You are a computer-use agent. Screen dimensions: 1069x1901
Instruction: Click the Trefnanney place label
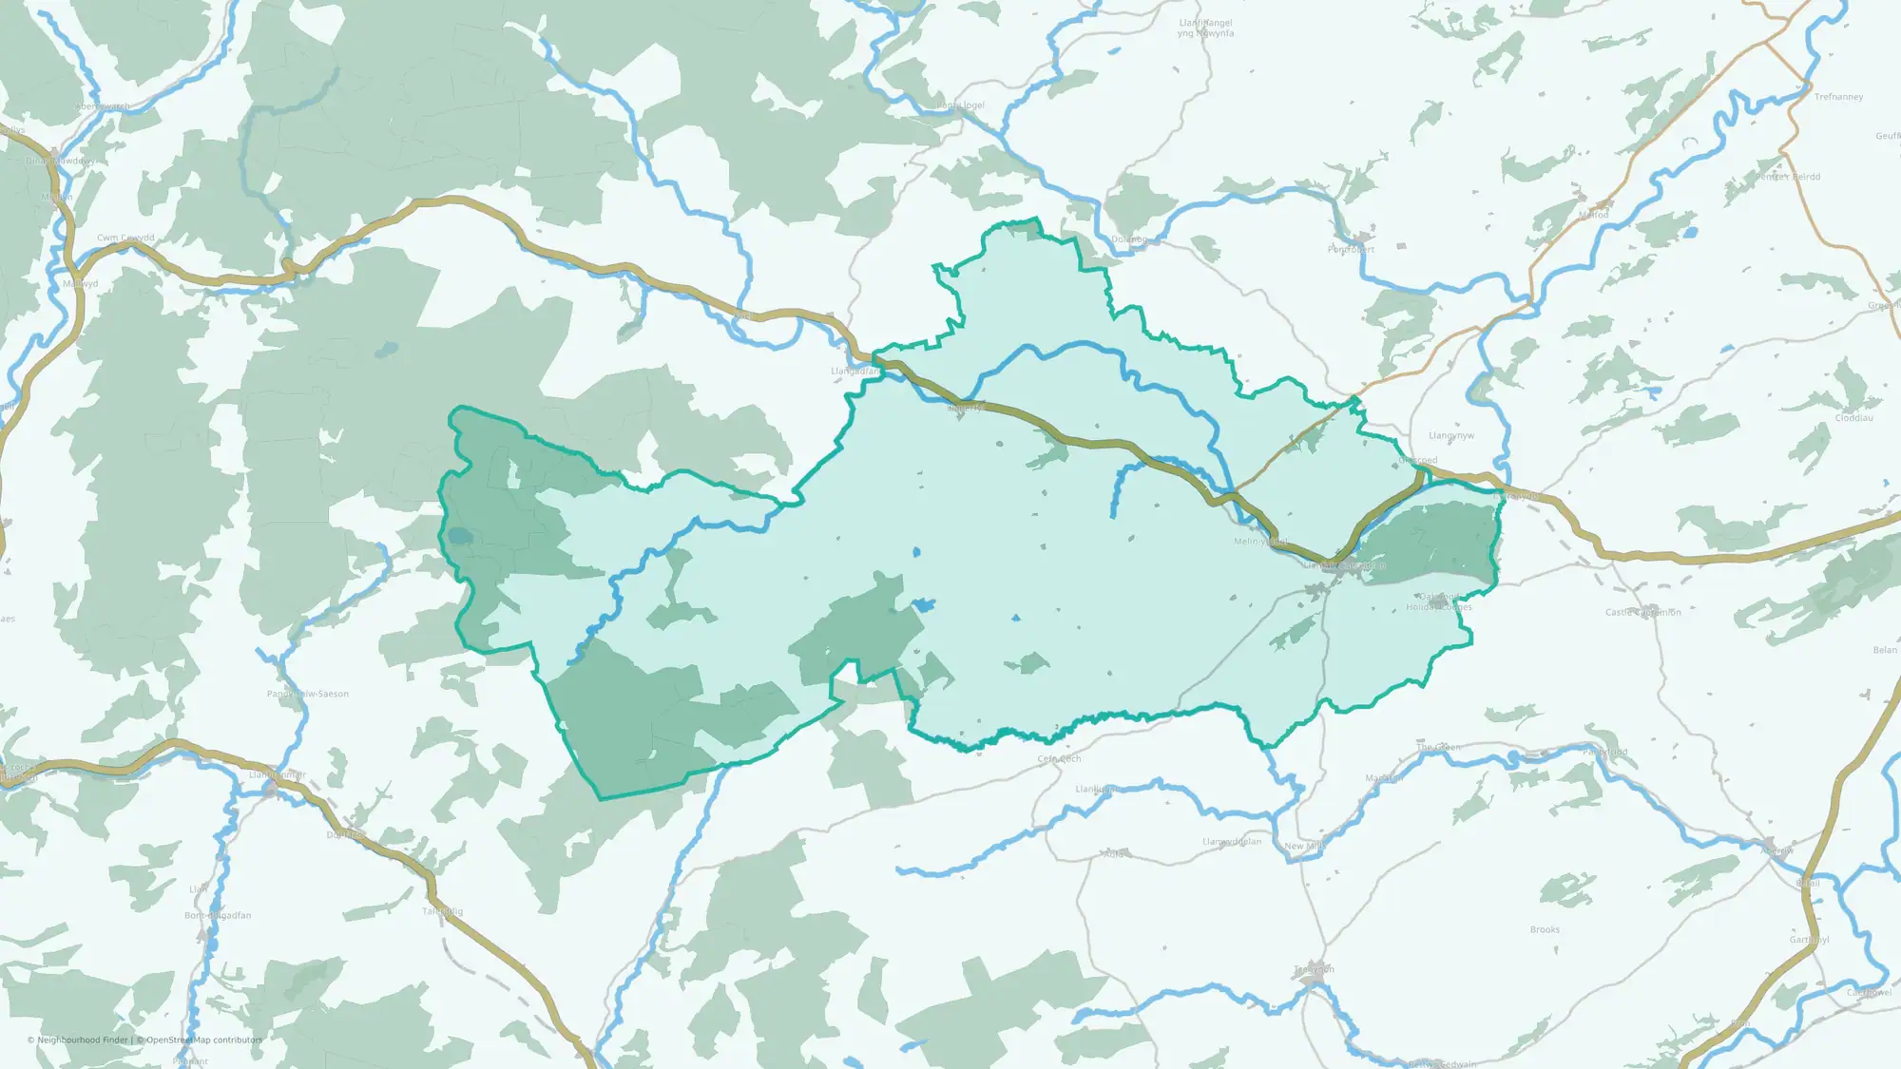pos(1838,97)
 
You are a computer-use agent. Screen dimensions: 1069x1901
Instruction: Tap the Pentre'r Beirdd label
pos(1788,177)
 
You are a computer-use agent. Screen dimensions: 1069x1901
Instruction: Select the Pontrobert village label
pos(1351,249)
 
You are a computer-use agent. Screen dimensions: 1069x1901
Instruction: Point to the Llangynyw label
pos(1451,435)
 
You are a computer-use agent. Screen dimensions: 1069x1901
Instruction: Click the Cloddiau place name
pos(1853,418)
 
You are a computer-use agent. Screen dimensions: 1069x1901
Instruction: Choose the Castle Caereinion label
pos(1642,612)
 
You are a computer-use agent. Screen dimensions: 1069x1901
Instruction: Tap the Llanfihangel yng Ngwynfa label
pos(1205,29)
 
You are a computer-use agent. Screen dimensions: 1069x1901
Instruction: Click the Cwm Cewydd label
pos(125,238)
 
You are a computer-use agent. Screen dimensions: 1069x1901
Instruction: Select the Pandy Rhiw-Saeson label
pos(308,694)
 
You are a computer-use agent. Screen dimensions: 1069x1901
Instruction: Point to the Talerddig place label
pos(443,911)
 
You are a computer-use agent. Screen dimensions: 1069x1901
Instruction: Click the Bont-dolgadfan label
pos(218,915)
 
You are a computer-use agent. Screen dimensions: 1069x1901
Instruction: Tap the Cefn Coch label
pos(1059,759)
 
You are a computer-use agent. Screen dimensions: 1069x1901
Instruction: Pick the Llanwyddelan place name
pos(1232,842)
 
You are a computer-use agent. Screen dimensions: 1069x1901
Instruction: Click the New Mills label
pos(1304,846)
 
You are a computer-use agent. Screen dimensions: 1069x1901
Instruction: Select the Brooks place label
pos(1545,929)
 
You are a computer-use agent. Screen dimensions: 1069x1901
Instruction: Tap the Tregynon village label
pos(1314,969)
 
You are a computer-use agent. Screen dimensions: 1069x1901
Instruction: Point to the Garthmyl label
pos(1809,940)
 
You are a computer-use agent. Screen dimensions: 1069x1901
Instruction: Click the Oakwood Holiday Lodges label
pos(1439,602)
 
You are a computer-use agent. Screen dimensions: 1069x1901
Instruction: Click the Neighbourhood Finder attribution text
pos(80,1040)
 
